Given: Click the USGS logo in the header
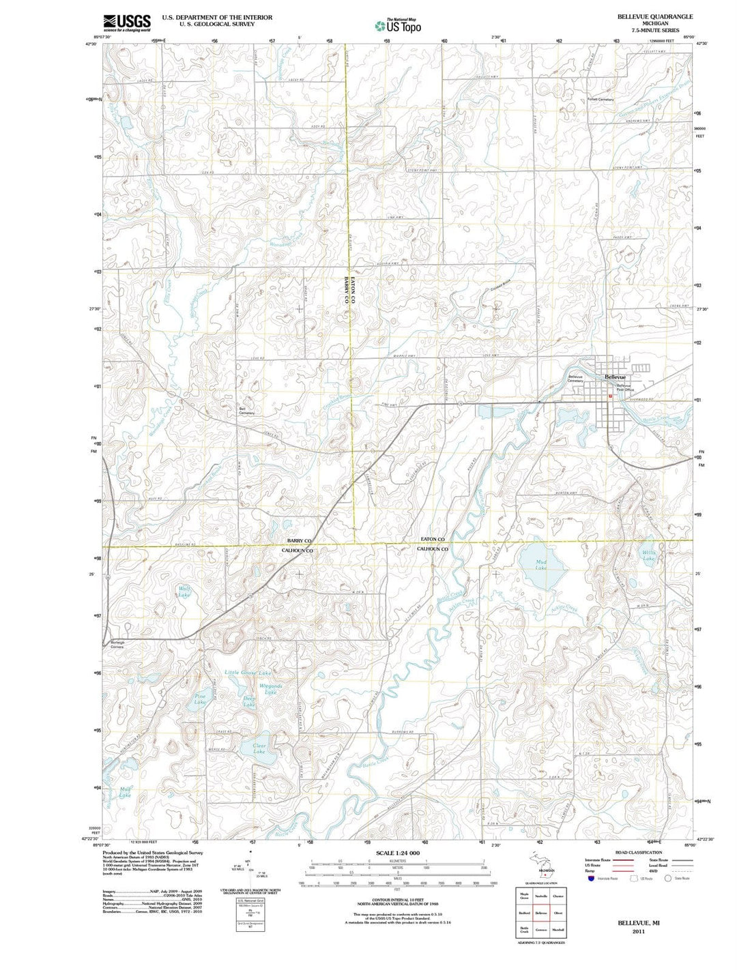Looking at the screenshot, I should tap(127, 23).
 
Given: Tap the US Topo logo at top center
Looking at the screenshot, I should tap(398, 26).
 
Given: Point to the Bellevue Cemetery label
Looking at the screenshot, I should tap(575, 378).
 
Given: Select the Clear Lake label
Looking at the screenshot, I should tap(259, 749).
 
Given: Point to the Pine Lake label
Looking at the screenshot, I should tap(200, 699).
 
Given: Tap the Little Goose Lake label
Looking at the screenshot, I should tap(248, 673).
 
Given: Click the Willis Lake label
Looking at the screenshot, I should tap(648, 555).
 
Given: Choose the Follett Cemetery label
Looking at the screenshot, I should tap(601, 99).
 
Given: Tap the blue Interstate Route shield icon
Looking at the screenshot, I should tap(590, 879).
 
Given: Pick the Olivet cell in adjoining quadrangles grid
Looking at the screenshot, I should tap(558, 913).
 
